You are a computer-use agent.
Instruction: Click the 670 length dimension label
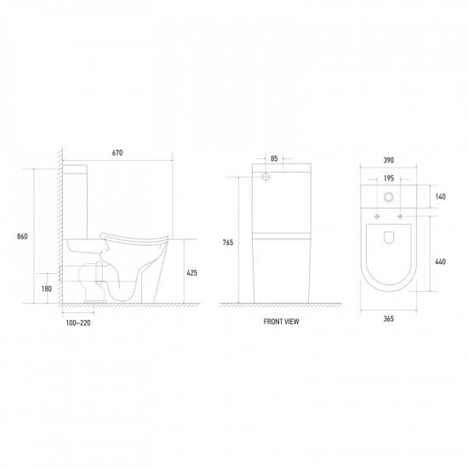click(117, 153)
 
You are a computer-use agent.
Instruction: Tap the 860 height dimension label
click(22, 237)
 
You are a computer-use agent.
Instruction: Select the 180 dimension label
click(47, 288)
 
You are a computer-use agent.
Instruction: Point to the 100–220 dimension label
click(78, 323)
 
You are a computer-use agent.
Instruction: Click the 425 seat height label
click(192, 273)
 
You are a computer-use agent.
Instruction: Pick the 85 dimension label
click(274, 159)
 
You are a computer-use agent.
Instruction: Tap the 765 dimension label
click(228, 243)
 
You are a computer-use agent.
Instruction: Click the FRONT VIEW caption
click(281, 322)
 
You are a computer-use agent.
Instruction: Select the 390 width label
click(389, 160)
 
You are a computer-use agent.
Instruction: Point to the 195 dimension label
click(389, 179)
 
